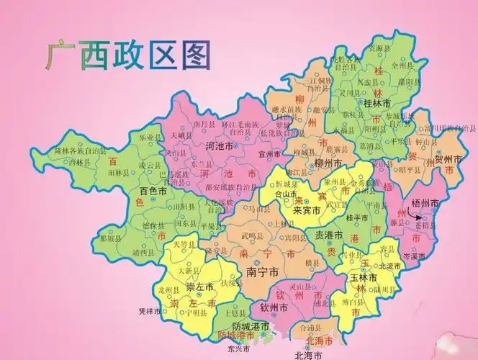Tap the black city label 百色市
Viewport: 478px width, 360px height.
pyautogui.click(x=153, y=193)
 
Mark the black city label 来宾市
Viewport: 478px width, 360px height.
pyautogui.click(x=307, y=211)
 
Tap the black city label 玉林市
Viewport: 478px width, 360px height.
pyautogui.click(x=365, y=278)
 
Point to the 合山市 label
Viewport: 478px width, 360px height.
pyautogui.click(x=287, y=194)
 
